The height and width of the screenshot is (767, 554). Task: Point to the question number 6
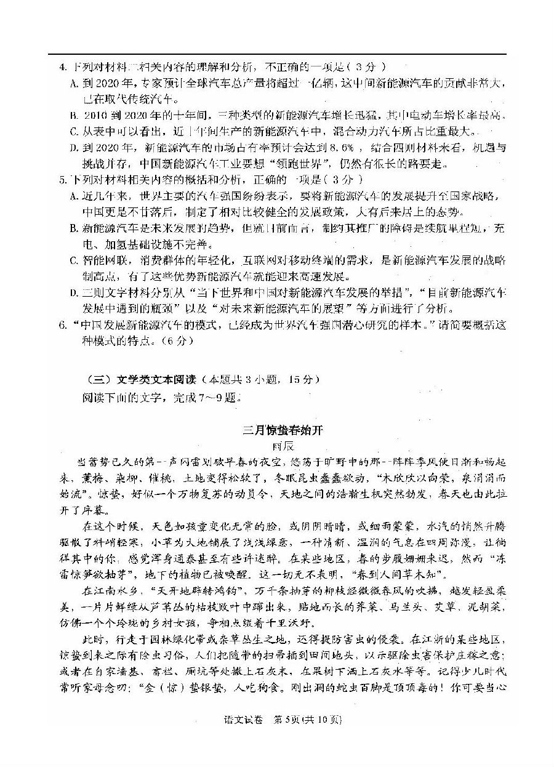pos(62,324)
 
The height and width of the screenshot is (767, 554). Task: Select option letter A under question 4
pos(74,83)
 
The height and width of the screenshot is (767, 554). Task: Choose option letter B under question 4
pos(74,115)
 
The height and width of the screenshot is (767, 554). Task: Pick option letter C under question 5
pos(74,260)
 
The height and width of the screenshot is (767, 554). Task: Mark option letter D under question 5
pos(74,292)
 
